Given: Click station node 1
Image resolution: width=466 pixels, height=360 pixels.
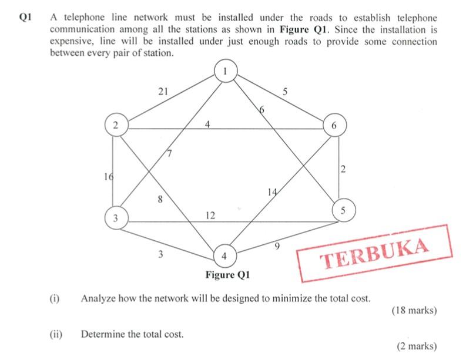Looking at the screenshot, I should point(224,71).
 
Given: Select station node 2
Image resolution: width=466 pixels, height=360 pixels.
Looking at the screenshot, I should point(116,125).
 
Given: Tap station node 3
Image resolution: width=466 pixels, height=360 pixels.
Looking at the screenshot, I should point(116,218).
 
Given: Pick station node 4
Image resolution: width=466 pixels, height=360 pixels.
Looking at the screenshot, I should point(224,256).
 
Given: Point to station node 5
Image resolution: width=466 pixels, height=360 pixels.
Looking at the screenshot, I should point(343,210).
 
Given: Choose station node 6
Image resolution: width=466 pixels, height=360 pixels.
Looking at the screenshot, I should point(334,126).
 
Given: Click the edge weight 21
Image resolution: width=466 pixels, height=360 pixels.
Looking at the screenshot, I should point(163,91).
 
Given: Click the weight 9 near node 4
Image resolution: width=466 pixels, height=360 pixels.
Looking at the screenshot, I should point(277,246).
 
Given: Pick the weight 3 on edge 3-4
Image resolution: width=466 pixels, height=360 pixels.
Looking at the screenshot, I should point(160,255).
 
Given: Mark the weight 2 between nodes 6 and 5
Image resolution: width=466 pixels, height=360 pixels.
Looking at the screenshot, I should point(342,170).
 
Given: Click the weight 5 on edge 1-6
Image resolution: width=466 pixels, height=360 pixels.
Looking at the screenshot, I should point(285,91).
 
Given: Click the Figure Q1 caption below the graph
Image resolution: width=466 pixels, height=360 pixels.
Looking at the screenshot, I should point(228,275).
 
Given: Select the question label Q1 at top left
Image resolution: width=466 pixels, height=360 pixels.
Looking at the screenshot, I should point(25,18).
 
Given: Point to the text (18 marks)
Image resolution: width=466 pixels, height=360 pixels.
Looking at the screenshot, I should point(414,311).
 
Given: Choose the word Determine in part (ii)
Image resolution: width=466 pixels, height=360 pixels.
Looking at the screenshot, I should point(103,335).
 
